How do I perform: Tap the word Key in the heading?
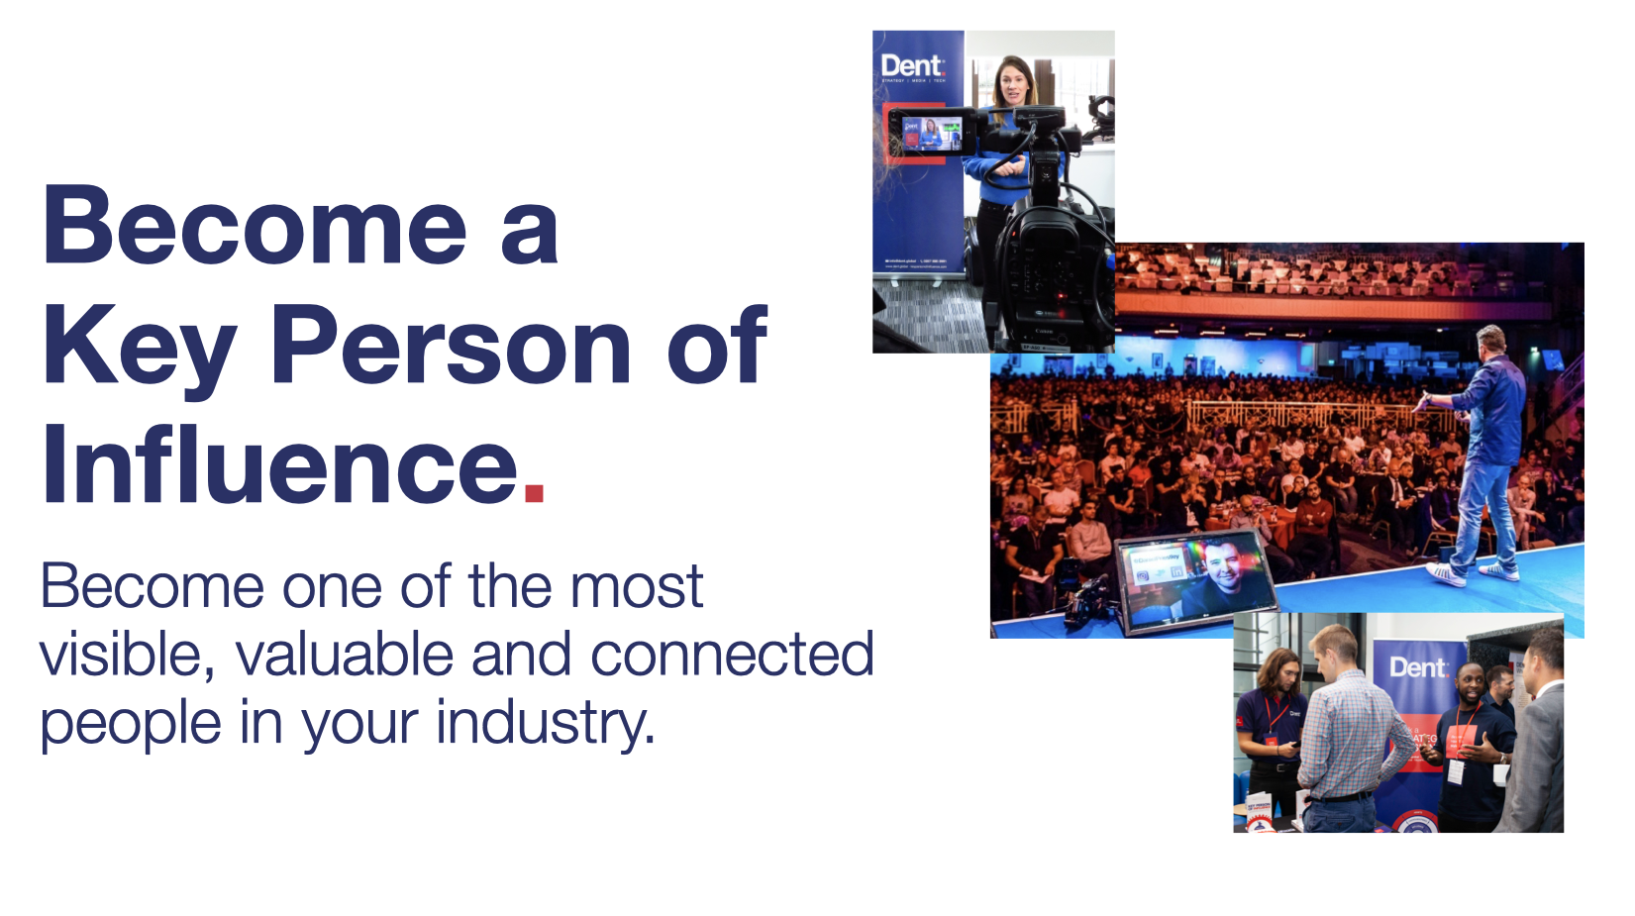tap(139, 347)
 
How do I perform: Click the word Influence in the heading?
tap(280, 463)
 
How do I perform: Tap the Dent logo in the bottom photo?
tap(1417, 667)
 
